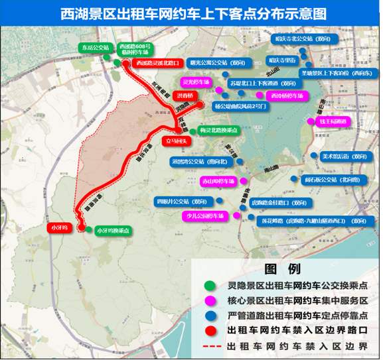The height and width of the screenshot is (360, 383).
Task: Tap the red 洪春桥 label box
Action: tap(184, 95)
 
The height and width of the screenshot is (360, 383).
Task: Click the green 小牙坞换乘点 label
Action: tap(112, 231)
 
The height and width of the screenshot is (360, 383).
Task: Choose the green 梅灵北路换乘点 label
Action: tap(216, 131)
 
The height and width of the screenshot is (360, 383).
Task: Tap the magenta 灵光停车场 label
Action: tap(196, 82)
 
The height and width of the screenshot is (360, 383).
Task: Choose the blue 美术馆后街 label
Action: tap(343, 156)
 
